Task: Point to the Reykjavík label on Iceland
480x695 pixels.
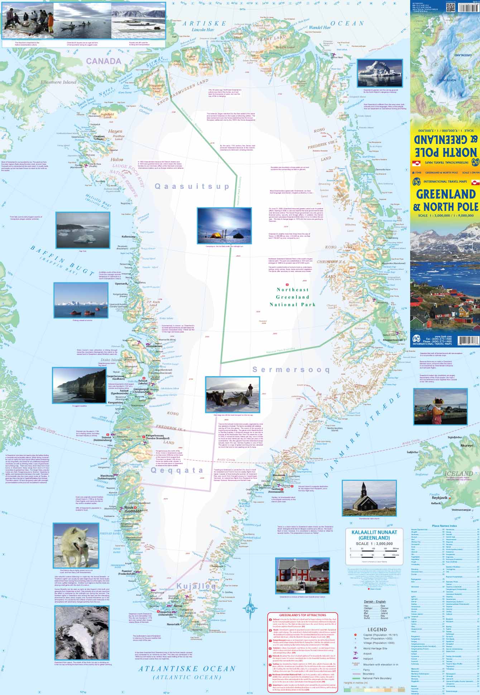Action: pos(440,498)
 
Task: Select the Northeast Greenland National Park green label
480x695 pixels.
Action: pos(292,297)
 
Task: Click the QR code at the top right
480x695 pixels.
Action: pos(451,7)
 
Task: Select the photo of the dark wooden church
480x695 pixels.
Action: pos(369,498)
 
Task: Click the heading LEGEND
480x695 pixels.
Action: pos(377,629)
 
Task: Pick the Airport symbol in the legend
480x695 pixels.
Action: pos(355,653)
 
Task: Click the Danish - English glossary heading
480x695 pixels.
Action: pos(375,601)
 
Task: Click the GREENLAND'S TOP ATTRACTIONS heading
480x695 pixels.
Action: pos(302,615)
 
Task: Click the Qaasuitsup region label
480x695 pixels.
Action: pos(192,186)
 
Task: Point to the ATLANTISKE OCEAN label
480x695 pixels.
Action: pos(187,668)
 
